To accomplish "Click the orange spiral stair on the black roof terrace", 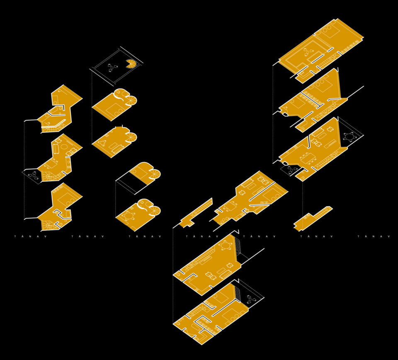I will [x=131, y=63].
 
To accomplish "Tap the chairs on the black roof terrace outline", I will [x=111, y=68].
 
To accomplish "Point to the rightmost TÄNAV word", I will [x=374, y=236].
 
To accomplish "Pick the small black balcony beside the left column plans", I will [x=32, y=175].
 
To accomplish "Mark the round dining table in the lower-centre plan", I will [x=226, y=246].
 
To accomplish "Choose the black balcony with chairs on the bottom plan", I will [x=250, y=297].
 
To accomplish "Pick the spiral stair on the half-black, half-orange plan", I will [x=155, y=174].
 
